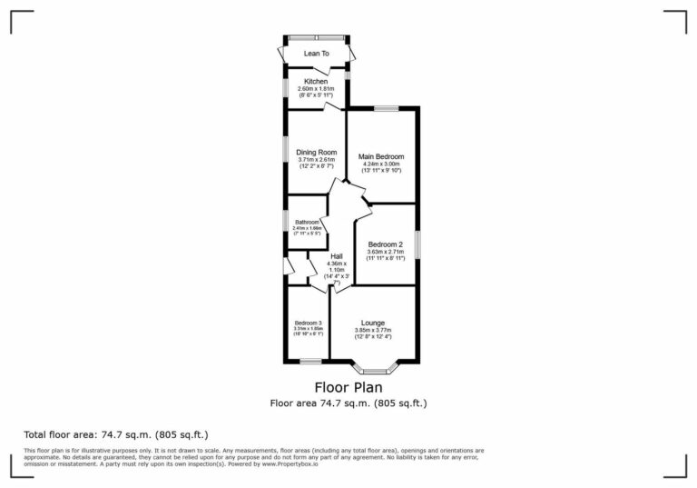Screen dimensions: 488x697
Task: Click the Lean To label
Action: [317, 54]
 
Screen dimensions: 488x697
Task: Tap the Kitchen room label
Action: [317, 81]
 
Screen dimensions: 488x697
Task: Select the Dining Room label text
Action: [317, 152]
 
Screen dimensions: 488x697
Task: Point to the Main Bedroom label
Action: [381, 156]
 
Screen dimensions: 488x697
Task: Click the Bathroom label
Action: [306, 222]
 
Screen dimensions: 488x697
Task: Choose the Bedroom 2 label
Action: [385, 244]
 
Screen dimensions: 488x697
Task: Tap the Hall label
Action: [336, 255]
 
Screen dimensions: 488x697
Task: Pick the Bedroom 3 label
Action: [308, 323]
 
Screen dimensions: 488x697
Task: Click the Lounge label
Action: [373, 323]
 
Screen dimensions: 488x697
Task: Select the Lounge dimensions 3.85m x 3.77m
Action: [373, 330]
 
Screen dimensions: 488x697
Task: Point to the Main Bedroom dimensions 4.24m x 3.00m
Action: [381, 164]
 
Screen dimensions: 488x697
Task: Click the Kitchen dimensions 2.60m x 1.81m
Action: [317, 88]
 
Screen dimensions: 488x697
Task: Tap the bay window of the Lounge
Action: [373, 368]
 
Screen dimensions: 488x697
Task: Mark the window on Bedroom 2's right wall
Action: [417, 245]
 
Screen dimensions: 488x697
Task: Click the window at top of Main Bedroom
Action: [386, 108]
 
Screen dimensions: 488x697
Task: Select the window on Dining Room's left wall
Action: [284, 151]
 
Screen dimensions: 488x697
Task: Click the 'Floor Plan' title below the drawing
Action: [348, 387]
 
